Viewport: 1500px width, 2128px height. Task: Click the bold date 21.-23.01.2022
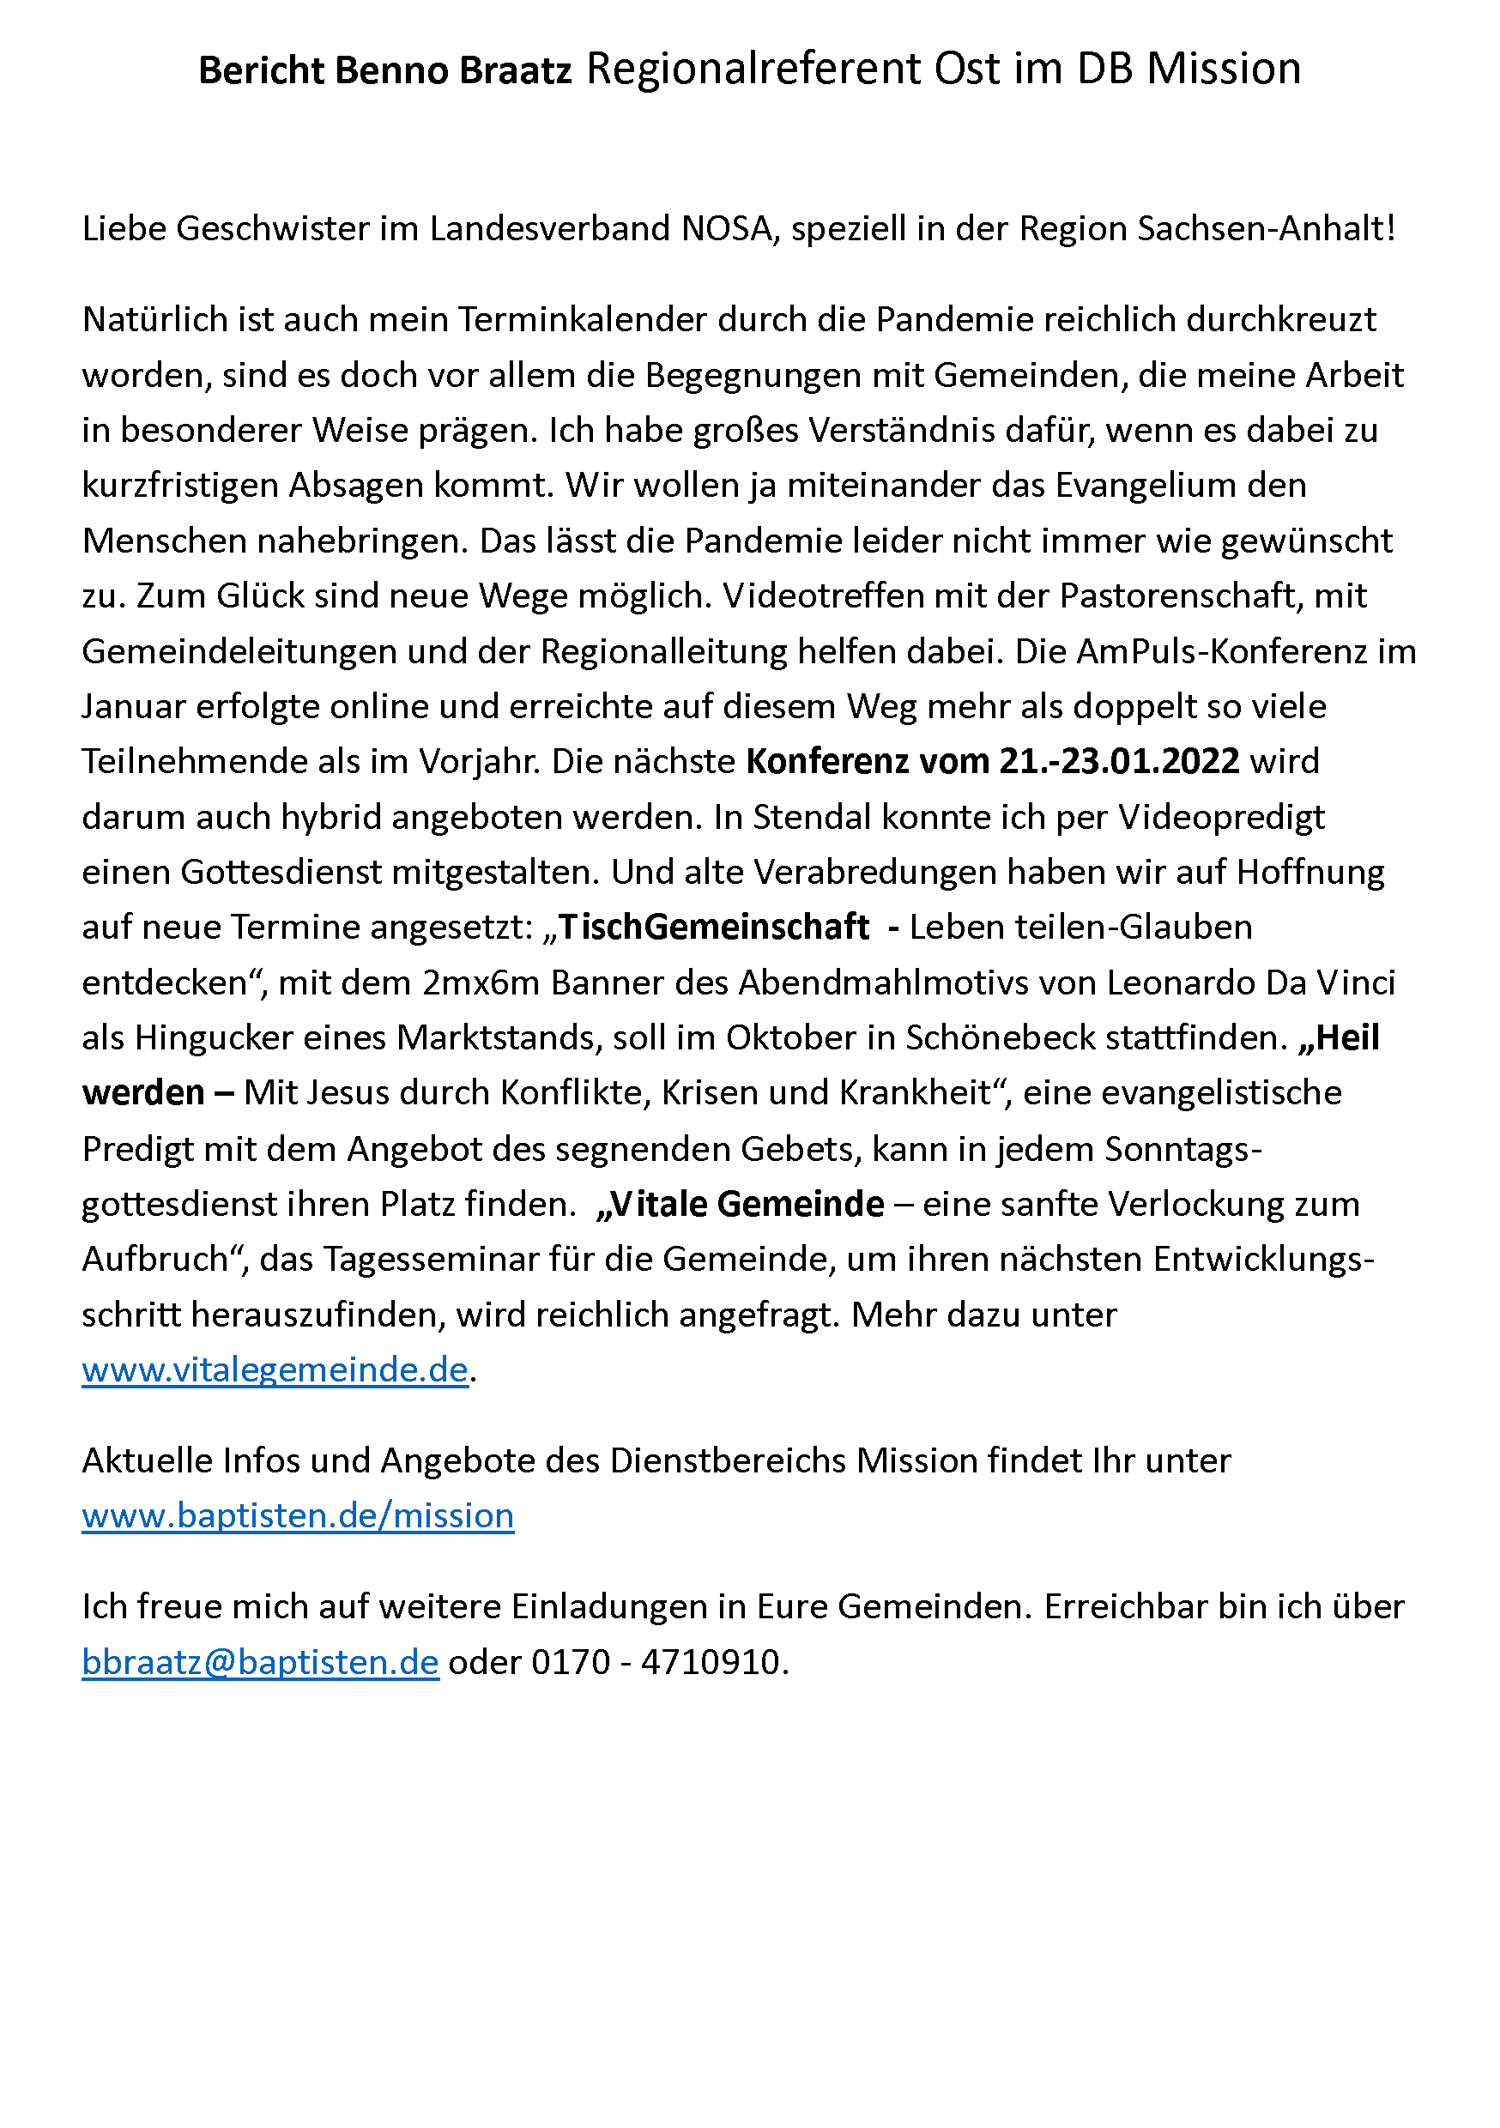(1119, 761)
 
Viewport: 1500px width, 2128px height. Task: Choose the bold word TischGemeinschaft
(713, 927)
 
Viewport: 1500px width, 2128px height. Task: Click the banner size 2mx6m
(481, 982)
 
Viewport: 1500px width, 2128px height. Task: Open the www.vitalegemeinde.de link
(275, 1369)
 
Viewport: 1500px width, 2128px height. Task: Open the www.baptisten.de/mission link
(297, 1515)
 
